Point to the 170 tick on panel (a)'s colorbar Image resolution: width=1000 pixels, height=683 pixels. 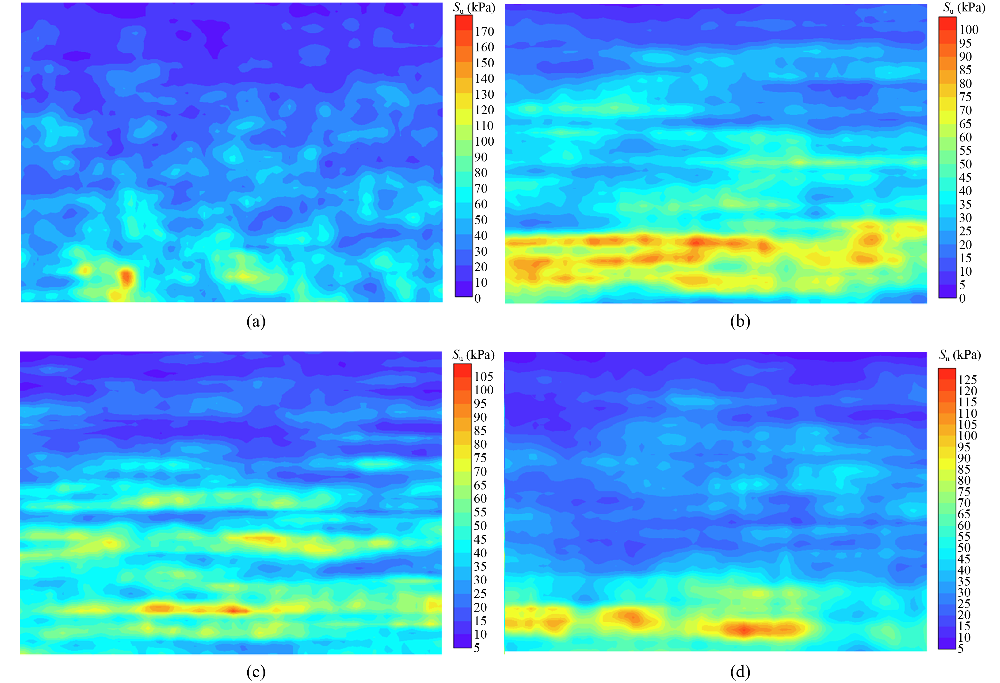click(x=484, y=31)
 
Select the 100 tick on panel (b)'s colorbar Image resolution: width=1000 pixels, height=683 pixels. click(x=969, y=30)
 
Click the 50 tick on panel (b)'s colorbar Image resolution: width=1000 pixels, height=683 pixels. click(x=965, y=164)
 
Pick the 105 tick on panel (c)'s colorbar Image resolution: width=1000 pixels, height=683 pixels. click(x=483, y=377)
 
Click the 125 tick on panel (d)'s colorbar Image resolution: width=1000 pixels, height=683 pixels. click(x=967, y=380)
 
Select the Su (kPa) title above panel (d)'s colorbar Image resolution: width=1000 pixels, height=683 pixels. click(x=960, y=355)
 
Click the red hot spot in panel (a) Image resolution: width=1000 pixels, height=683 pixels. click(x=126, y=277)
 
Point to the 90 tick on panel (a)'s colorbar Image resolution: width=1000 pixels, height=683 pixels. click(x=481, y=157)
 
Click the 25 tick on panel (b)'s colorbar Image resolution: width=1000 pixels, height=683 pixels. click(x=965, y=231)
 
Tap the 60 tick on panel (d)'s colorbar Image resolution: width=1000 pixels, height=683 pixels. click(x=964, y=525)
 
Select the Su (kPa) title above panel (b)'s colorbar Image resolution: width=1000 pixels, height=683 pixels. click(x=964, y=8)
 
